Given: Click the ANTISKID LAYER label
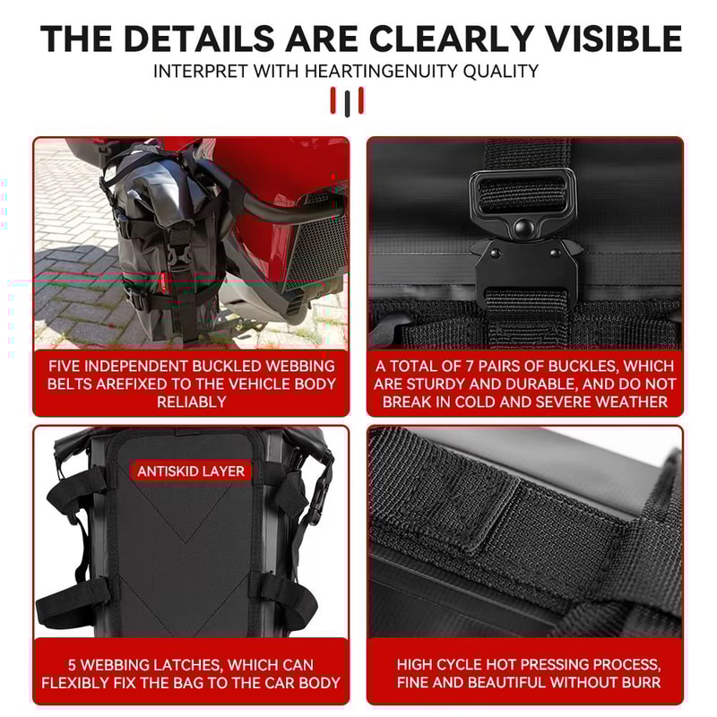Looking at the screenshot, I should point(190,471).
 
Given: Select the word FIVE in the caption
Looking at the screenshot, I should point(69,366).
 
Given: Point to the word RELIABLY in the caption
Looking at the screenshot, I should point(191,402).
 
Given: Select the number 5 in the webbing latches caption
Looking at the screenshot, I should point(73,665).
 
